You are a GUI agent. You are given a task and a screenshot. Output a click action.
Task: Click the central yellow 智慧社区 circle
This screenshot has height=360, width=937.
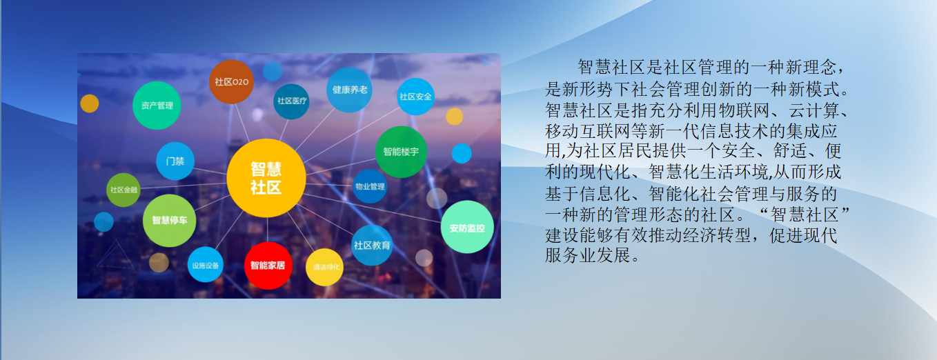(x=266, y=178)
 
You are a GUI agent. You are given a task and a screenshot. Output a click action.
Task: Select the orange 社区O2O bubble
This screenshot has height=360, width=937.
(x=232, y=81)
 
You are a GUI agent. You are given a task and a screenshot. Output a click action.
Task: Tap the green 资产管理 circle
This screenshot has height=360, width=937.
(x=157, y=106)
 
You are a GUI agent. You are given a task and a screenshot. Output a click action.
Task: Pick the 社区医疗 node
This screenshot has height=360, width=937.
(x=291, y=101)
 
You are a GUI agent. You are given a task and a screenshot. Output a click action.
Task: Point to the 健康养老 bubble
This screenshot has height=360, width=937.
(x=350, y=90)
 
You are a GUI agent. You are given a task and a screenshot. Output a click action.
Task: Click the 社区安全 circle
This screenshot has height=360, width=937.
(x=415, y=97)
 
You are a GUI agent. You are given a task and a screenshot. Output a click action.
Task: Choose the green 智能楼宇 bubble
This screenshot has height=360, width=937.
(x=401, y=151)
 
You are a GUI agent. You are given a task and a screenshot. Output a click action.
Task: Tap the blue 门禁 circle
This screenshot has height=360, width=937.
(x=175, y=161)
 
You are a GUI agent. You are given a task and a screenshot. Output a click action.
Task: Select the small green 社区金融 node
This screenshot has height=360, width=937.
(x=124, y=190)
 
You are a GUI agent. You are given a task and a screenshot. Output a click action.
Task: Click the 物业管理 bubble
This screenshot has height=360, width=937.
(x=370, y=186)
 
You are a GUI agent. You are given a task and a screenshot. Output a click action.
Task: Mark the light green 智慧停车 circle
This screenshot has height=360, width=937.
(x=169, y=221)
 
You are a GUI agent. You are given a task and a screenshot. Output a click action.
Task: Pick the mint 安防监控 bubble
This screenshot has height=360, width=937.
(x=467, y=227)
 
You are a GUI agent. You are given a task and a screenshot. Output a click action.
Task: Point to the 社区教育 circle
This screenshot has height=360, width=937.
(x=372, y=245)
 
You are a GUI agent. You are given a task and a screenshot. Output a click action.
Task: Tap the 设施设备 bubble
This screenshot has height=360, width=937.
(x=205, y=265)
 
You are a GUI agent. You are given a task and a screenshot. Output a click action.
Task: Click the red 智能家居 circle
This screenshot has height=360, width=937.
(x=268, y=265)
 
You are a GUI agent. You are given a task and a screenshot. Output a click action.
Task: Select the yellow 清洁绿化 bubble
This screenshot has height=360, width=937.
(x=324, y=267)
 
